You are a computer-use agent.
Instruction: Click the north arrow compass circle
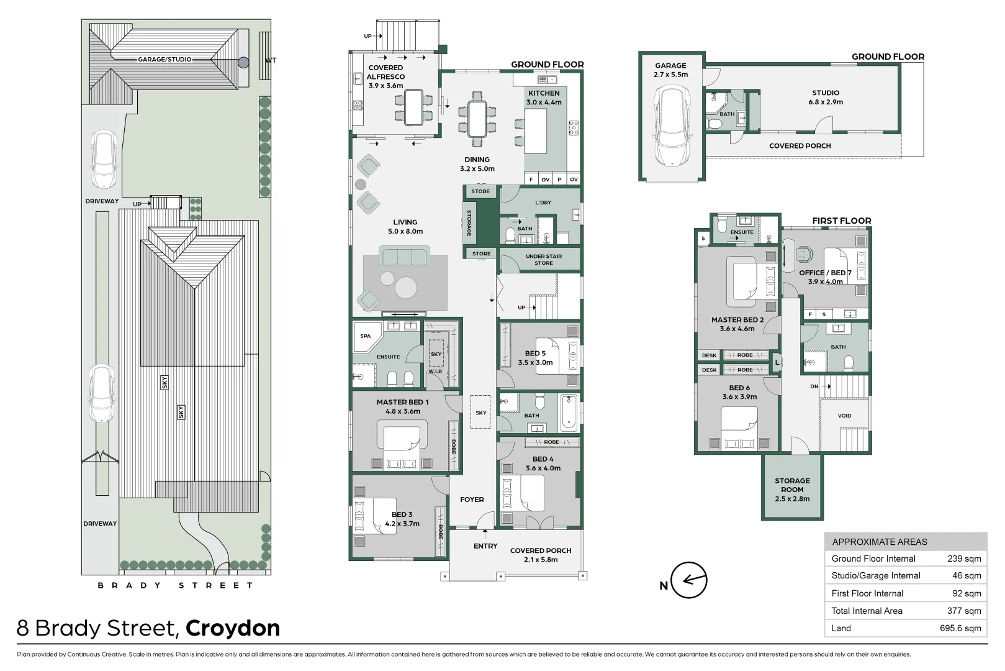pyautogui.click(x=689, y=580)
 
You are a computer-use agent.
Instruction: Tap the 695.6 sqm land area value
pyautogui.click(x=960, y=628)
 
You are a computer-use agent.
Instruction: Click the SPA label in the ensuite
pyautogui.click(x=366, y=336)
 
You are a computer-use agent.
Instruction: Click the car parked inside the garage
pyautogui.click(x=671, y=126)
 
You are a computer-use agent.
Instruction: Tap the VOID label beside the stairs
pyautogui.click(x=844, y=416)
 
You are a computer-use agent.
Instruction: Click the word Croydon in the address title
pyautogui.click(x=233, y=628)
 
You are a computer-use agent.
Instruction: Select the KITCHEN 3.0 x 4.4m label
pyautogui.click(x=544, y=98)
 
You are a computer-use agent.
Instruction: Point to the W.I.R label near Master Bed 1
pyautogui.click(x=435, y=372)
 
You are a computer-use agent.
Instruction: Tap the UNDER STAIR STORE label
pyautogui.click(x=543, y=260)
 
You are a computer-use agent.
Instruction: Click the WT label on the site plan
pyautogui.click(x=271, y=60)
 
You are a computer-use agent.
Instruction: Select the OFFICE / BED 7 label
pyautogui.click(x=825, y=277)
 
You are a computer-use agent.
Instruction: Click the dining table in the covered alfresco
pyautogui.click(x=413, y=107)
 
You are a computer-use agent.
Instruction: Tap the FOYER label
pyautogui.click(x=472, y=500)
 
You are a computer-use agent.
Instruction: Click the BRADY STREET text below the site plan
pyautogui.click(x=176, y=585)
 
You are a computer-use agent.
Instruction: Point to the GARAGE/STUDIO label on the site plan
pyautogui.click(x=164, y=60)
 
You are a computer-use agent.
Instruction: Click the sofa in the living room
pyautogui.click(x=404, y=257)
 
